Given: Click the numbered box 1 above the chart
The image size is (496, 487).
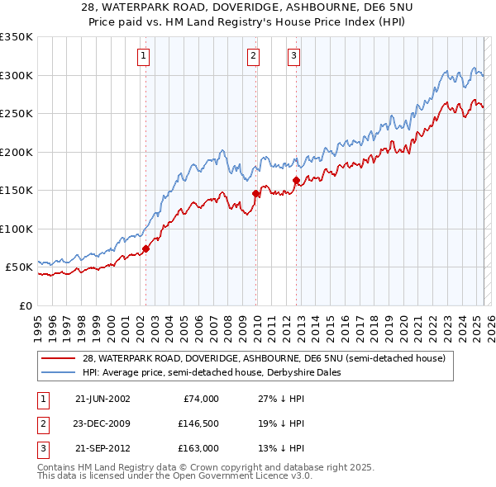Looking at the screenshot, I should click(144, 56).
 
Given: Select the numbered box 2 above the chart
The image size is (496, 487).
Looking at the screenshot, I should click(253, 56).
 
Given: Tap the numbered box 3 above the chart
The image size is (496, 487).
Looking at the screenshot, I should click(293, 56).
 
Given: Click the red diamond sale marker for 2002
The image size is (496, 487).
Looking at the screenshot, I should click(145, 248).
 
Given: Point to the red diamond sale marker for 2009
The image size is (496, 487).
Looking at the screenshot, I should click(255, 193).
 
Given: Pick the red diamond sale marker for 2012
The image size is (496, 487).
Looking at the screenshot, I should click(296, 180).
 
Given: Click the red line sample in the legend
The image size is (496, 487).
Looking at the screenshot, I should click(59, 359).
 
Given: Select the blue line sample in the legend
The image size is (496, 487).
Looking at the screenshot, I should click(59, 372).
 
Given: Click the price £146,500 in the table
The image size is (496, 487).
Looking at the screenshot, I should click(198, 423).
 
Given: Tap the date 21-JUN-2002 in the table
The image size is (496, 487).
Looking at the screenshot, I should click(103, 399).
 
